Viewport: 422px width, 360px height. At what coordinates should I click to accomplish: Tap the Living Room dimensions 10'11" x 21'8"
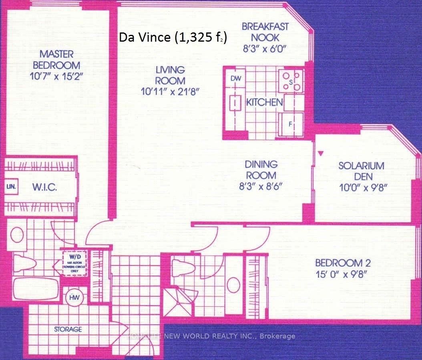pyautogui.click(x=170, y=91)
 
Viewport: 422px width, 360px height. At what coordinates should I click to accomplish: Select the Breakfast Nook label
pyautogui.click(x=265, y=32)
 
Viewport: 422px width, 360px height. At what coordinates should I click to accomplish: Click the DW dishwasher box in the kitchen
pyautogui.click(x=236, y=78)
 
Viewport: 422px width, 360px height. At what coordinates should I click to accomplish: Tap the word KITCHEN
pyautogui.click(x=264, y=102)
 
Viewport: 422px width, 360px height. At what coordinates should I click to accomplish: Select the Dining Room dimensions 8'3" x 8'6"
pyautogui.click(x=261, y=187)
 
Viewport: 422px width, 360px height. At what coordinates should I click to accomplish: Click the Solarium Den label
pyautogui.click(x=361, y=171)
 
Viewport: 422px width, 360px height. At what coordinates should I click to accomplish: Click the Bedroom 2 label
pyautogui.click(x=343, y=263)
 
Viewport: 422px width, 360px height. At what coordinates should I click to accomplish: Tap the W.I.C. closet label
pyautogui.click(x=42, y=187)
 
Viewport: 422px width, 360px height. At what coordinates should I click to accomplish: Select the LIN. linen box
pyautogui.click(x=10, y=187)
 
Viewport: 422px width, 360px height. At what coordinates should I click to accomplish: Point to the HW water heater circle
pyautogui.click(x=73, y=297)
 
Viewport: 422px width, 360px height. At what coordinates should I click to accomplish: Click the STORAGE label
pyautogui.click(x=68, y=329)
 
